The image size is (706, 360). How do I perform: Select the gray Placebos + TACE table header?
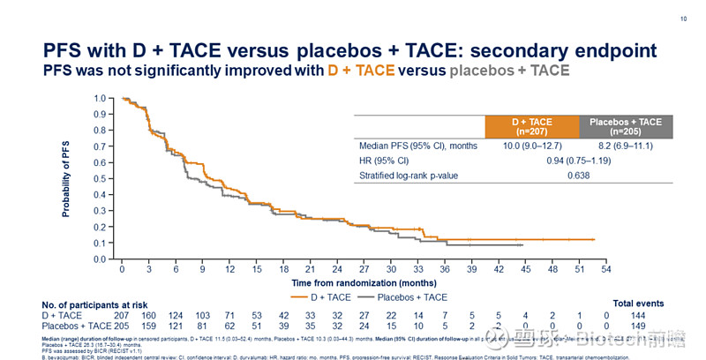[625, 126]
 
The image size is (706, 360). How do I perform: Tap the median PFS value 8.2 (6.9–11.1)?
[625, 146]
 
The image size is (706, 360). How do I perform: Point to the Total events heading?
[638, 304]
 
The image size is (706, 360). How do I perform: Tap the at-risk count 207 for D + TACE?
[123, 315]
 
